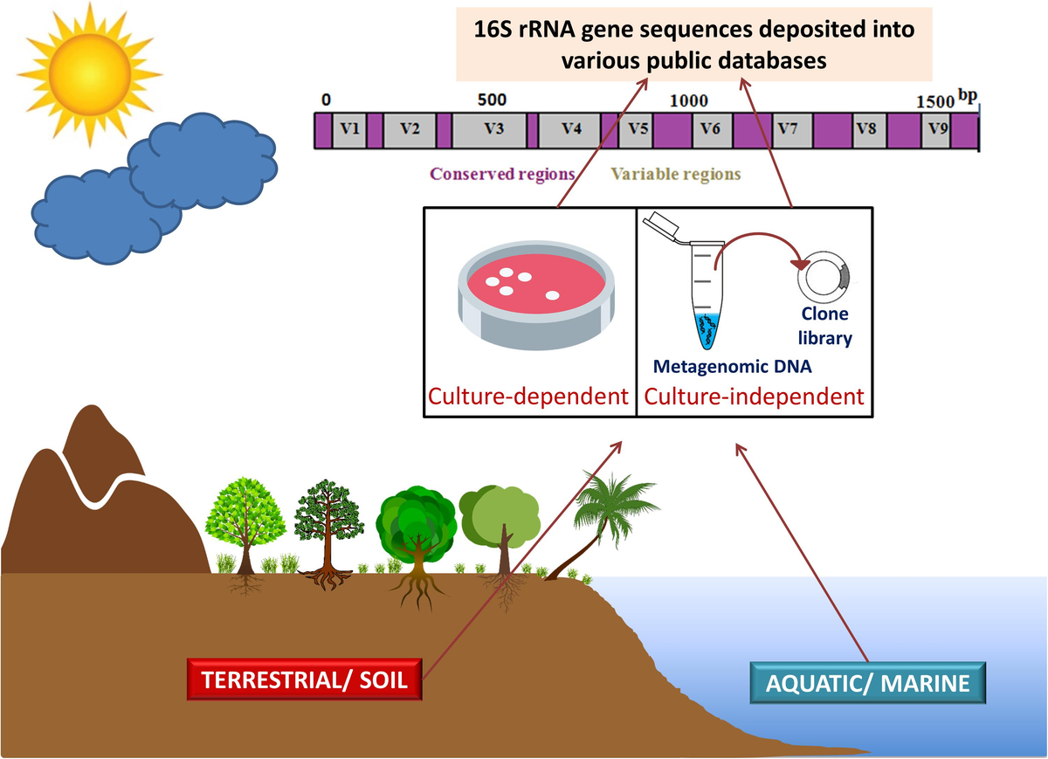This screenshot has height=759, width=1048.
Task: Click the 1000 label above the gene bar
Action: click(689, 100)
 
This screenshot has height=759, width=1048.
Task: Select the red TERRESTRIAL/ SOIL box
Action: click(305, 680)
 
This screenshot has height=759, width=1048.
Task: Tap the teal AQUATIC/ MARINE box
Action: click(867, 683)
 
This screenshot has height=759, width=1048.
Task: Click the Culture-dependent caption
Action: click(528, 397)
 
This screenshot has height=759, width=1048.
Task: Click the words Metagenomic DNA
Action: click(733, 367)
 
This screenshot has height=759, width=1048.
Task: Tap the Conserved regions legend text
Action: click(502, 174)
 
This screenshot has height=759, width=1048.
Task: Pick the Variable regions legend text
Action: click(675, 174)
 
